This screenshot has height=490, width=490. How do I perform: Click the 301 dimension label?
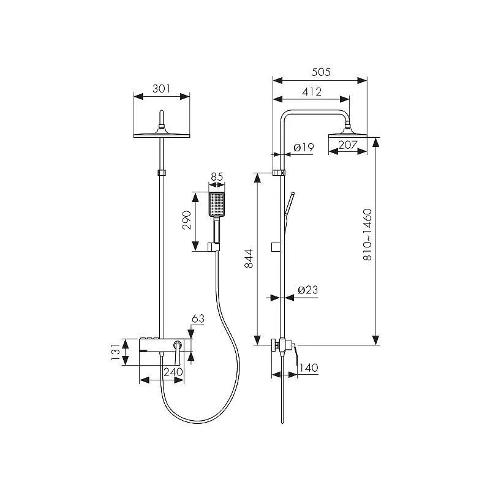[x=161, y=89]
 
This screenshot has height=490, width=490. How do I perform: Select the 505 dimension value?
[x=321, y=72]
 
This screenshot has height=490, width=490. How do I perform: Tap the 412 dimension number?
[x=312, y=91]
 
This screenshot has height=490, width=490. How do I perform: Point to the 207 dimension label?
[x=347, y=145]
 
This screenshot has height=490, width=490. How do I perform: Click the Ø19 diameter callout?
[x=304, y=148]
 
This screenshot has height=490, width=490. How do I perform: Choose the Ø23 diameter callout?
[x=308, y=290]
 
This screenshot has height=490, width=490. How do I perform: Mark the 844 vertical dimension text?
[x=249, y=258]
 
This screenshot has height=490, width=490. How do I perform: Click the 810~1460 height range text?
[x=367, y=235]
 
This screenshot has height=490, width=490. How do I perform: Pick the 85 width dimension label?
[x=217, y=177]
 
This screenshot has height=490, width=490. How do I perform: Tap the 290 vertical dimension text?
[x=187, y=221]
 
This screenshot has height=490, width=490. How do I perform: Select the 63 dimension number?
[x=198, y=318]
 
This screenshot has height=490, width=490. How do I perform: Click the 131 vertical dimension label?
[x=116, y=352]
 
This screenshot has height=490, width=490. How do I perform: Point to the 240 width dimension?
[x=173, y=372]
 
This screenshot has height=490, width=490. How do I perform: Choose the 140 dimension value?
[x=309, y=367]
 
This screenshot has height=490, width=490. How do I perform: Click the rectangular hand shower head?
[x=216, y=204]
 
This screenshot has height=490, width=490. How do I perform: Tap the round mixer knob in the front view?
[x=178, y=344]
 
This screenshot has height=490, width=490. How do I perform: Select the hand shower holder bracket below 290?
[x=214, y=247]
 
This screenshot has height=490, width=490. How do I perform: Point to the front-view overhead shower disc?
[x=162, y=135]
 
